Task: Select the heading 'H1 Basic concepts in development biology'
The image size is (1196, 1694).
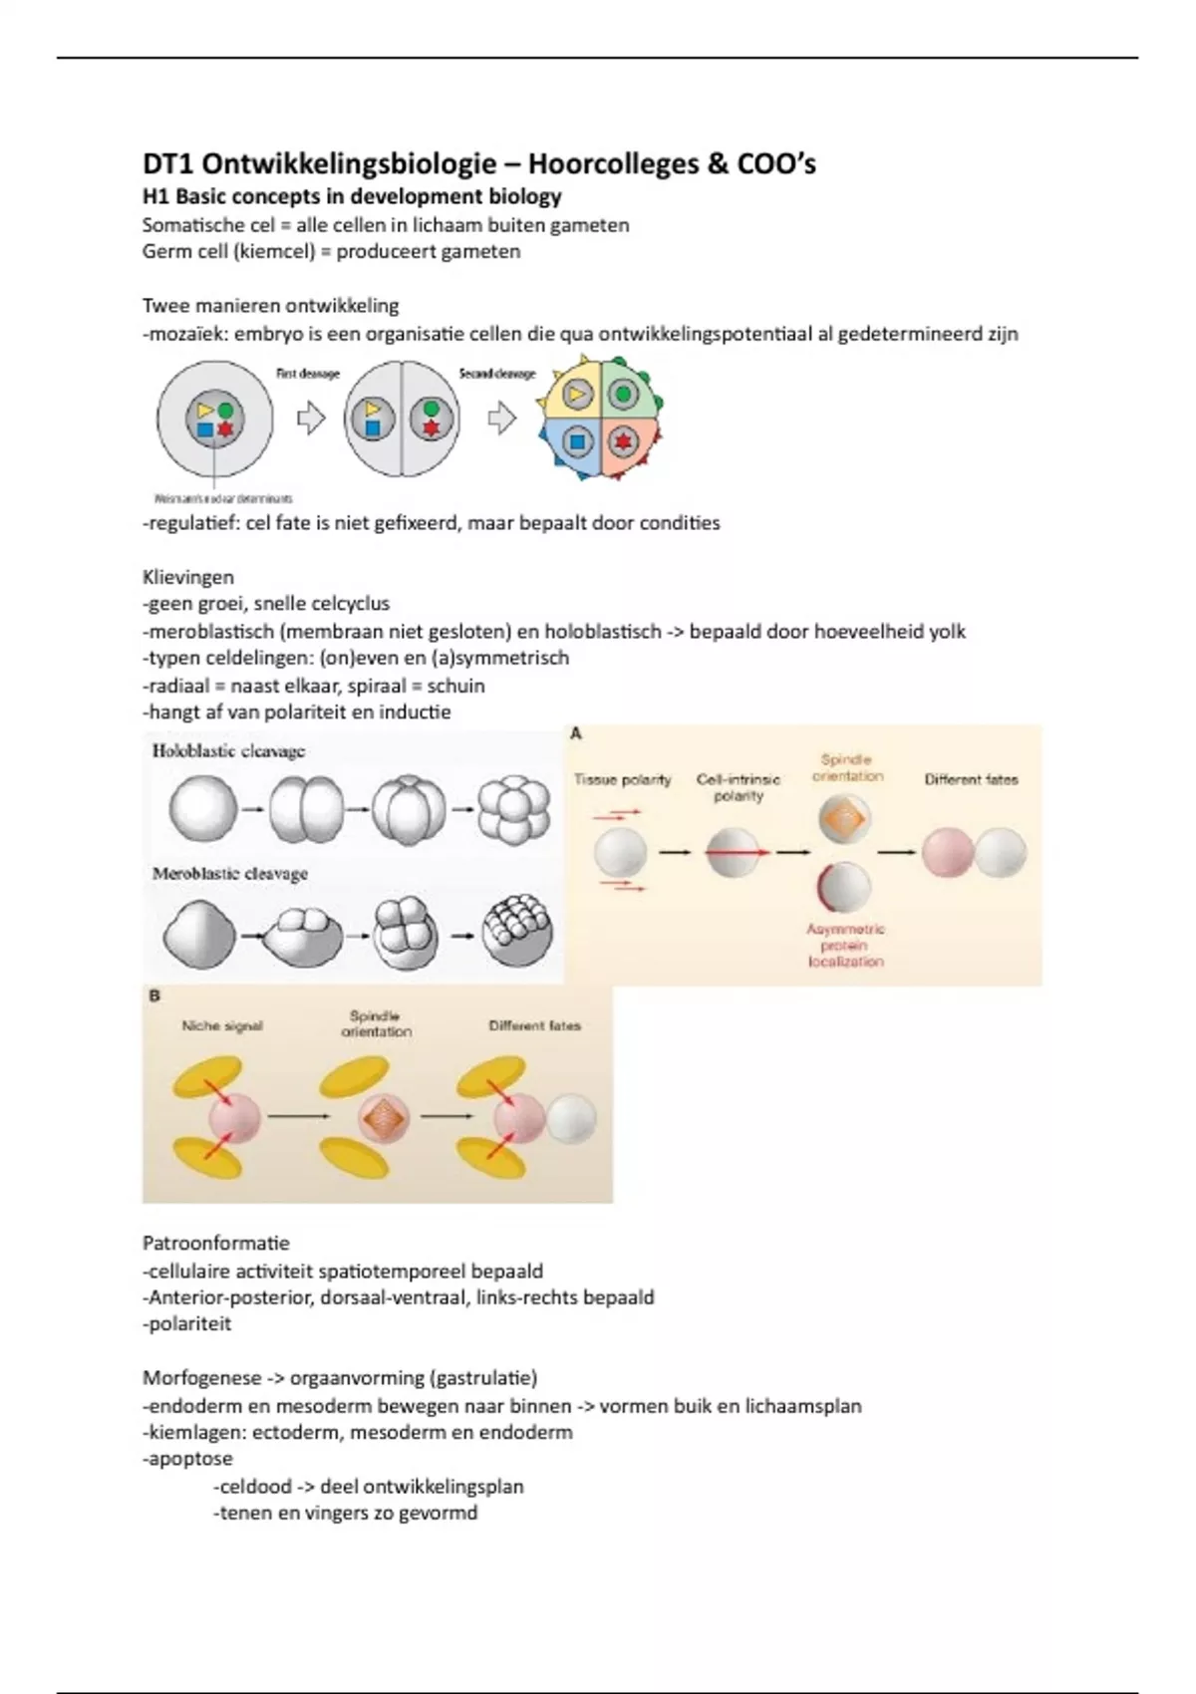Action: coord(352,196)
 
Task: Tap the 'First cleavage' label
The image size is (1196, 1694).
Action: coord(307,374)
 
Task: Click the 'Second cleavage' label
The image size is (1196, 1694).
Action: coord(496,374)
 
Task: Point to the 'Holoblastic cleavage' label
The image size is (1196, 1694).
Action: coord(228,751)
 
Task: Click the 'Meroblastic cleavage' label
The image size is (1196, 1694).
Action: coord(229,874)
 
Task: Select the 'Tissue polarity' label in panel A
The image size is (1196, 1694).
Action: coord(622,780)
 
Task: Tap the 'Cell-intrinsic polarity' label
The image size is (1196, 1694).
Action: coord(738,787)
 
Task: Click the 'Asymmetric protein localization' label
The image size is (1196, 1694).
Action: coord(845,945)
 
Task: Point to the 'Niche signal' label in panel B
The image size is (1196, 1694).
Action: coord(222,1025)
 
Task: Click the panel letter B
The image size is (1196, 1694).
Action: coord(154,995)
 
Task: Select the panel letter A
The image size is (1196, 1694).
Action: coord(576,734)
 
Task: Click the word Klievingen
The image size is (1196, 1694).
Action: coord(188,577)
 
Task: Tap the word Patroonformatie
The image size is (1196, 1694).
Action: coord(216,1244)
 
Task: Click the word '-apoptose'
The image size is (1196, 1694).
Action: coord(187,1459)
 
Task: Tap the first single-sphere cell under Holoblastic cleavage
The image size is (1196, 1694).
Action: coord(203,809)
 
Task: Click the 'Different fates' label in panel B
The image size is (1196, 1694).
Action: coord(534,1025)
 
